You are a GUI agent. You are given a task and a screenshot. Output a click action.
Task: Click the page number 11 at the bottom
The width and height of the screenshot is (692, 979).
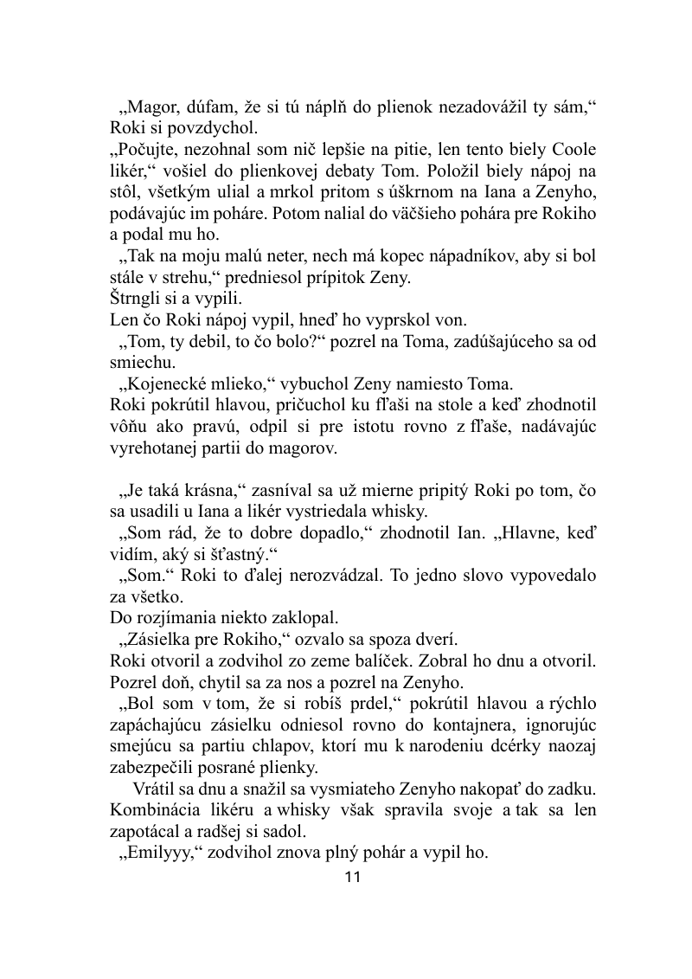tap(352, 877)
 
